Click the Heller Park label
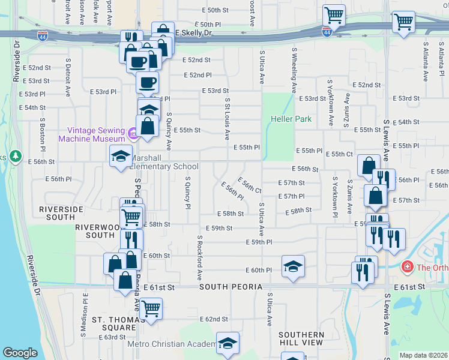pos(291,119)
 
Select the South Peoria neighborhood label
pos(231,287)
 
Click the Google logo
pos(20,353)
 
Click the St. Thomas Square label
pos(113,323)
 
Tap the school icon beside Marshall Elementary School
pos(121,157)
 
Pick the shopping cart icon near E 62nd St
pos(151,308)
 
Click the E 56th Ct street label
pos(249,185)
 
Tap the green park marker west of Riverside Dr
pos(15,157)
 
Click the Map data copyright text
pos(423,355)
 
